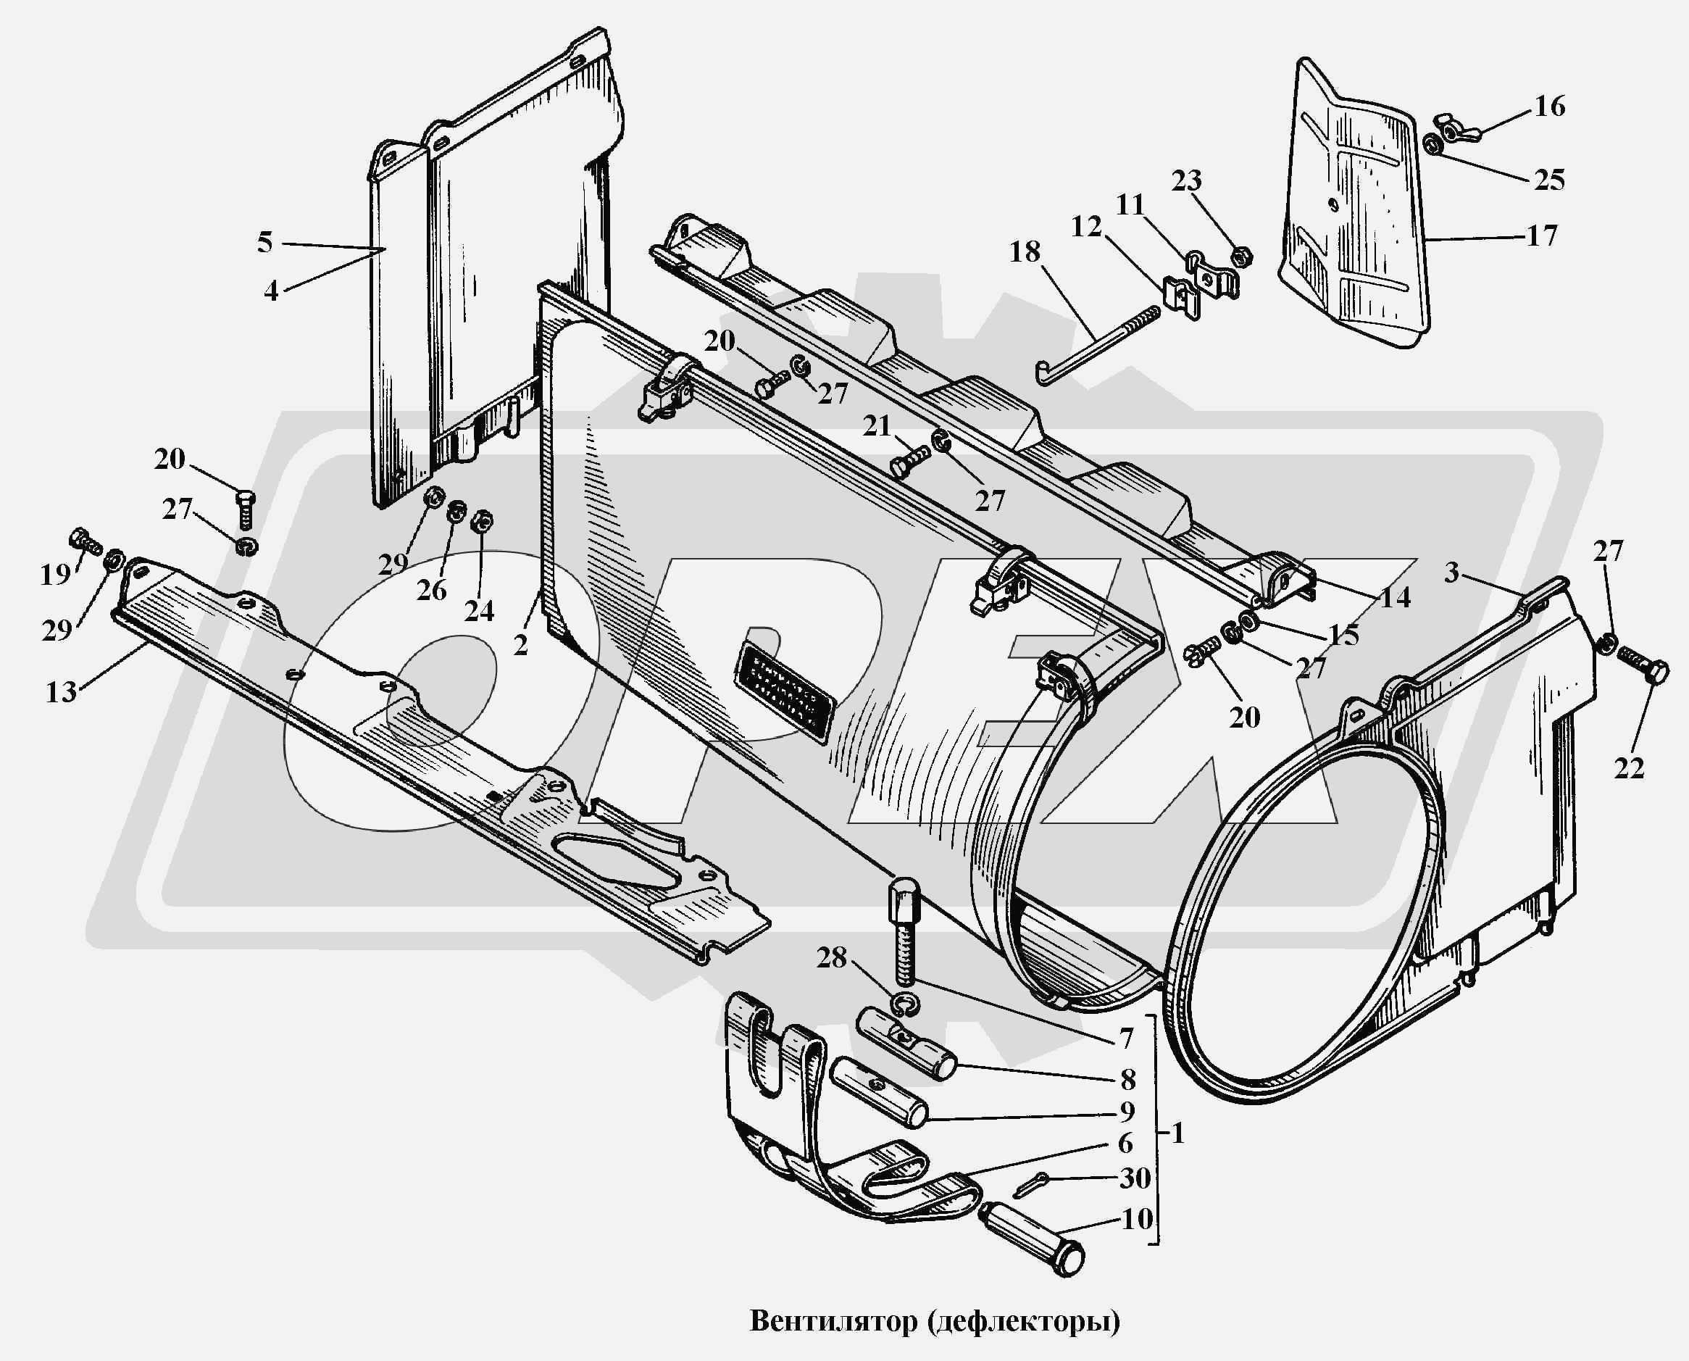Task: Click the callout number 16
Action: pos(1548,106)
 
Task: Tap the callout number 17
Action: pos(1542,236)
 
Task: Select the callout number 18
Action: pos(1025,251)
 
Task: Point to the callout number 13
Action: pos(61,692)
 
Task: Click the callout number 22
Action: pos(1629,769)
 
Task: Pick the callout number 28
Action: pos(832,957)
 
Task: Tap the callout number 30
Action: pos(1134,1178)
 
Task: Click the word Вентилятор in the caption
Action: pos(833,1321)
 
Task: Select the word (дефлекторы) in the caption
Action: pos(1024,1321)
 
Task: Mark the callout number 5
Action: pos(265,242)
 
